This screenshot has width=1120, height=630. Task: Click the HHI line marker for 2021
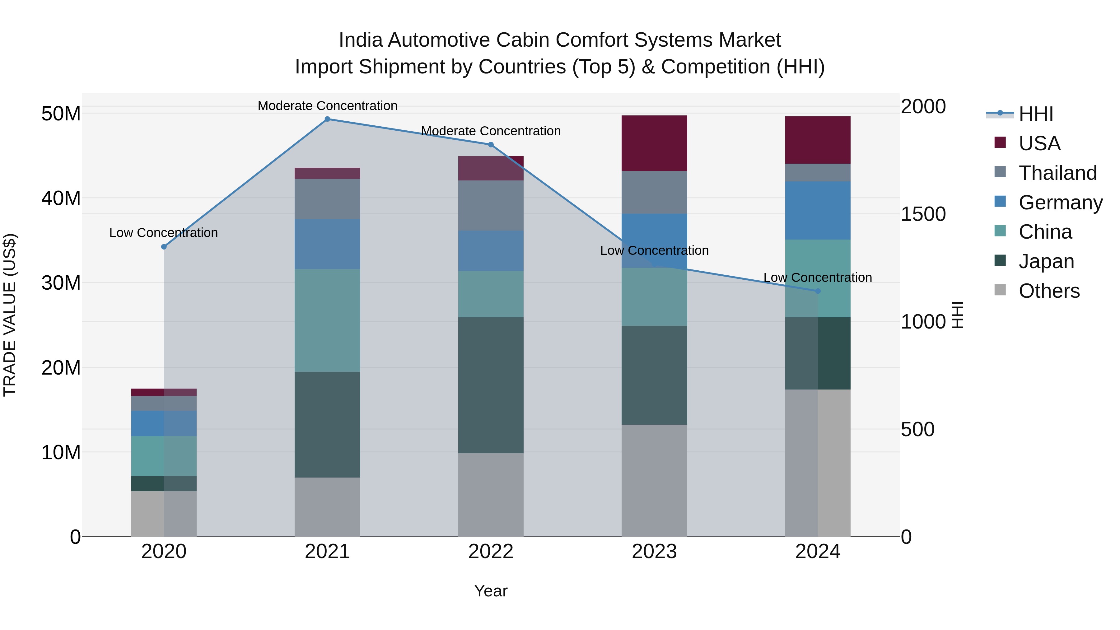[x=327, y=119]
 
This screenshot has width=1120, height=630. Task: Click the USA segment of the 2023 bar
[x=654, y=143]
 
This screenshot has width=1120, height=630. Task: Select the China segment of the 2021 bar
[x=327, y=320]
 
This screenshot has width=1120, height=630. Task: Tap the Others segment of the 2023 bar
[x=654, y=480]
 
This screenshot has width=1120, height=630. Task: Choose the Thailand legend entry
[x=1057, y=173]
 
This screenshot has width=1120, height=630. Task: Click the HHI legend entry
[x=1036, y=114]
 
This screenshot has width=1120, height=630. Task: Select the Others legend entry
[x=1049, y=291]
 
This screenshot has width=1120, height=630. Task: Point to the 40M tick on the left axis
[x=61, y=198]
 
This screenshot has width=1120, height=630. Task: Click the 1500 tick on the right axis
[x=923, y=214]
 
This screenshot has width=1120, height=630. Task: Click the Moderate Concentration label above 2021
[x=327, y=106]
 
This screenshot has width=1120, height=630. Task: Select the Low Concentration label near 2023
[x=654, y=250]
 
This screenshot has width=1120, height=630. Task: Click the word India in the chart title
[x=361, y=40]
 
